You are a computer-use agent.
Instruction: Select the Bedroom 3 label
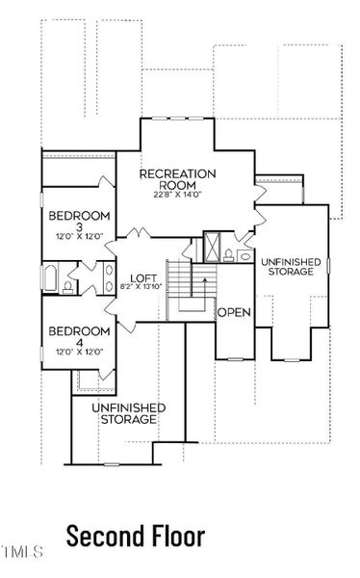click(x=79, y=221)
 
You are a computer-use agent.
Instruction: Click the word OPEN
click(x=233, y=313)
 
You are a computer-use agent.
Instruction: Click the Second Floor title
click(x=135, y=535)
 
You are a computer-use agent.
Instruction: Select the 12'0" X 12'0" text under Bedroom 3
click(x=79, y=238)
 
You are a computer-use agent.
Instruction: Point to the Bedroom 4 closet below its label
click(x=90, y=381)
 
